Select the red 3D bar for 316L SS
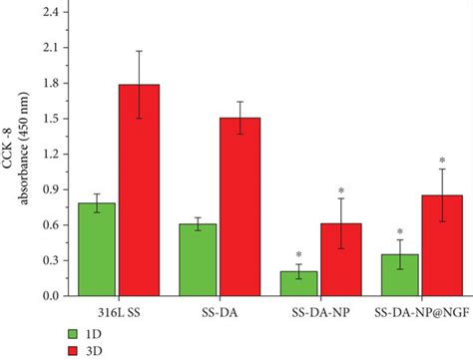click(139, 189)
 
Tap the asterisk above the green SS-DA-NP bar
click(296, 255)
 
